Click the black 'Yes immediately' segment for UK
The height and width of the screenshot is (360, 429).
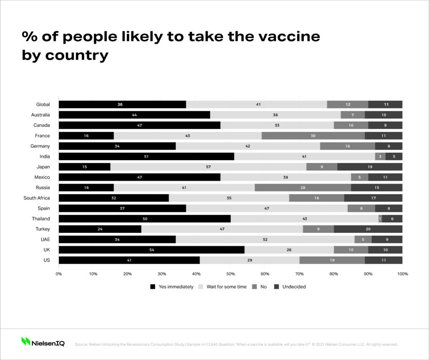151,250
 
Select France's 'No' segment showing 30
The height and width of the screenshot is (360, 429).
313,136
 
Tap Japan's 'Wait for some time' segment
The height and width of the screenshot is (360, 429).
208,167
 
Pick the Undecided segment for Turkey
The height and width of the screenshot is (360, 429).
368,229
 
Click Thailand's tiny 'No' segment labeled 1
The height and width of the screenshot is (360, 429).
380,219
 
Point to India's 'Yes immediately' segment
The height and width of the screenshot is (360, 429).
146,156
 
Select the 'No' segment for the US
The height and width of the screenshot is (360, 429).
332,260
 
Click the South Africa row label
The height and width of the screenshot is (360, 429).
36,198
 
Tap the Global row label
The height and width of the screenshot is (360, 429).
43,105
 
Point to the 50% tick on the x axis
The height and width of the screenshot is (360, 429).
230,274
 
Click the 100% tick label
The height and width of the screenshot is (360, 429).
402,274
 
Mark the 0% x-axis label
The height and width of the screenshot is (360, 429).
59,274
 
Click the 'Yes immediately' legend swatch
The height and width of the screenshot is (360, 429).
152,287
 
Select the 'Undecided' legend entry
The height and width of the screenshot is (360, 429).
294,287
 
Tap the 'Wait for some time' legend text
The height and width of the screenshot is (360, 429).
226,287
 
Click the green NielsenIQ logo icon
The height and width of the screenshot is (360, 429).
26,342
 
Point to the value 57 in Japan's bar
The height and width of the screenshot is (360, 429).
208,167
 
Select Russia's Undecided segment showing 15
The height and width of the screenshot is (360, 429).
376,188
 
